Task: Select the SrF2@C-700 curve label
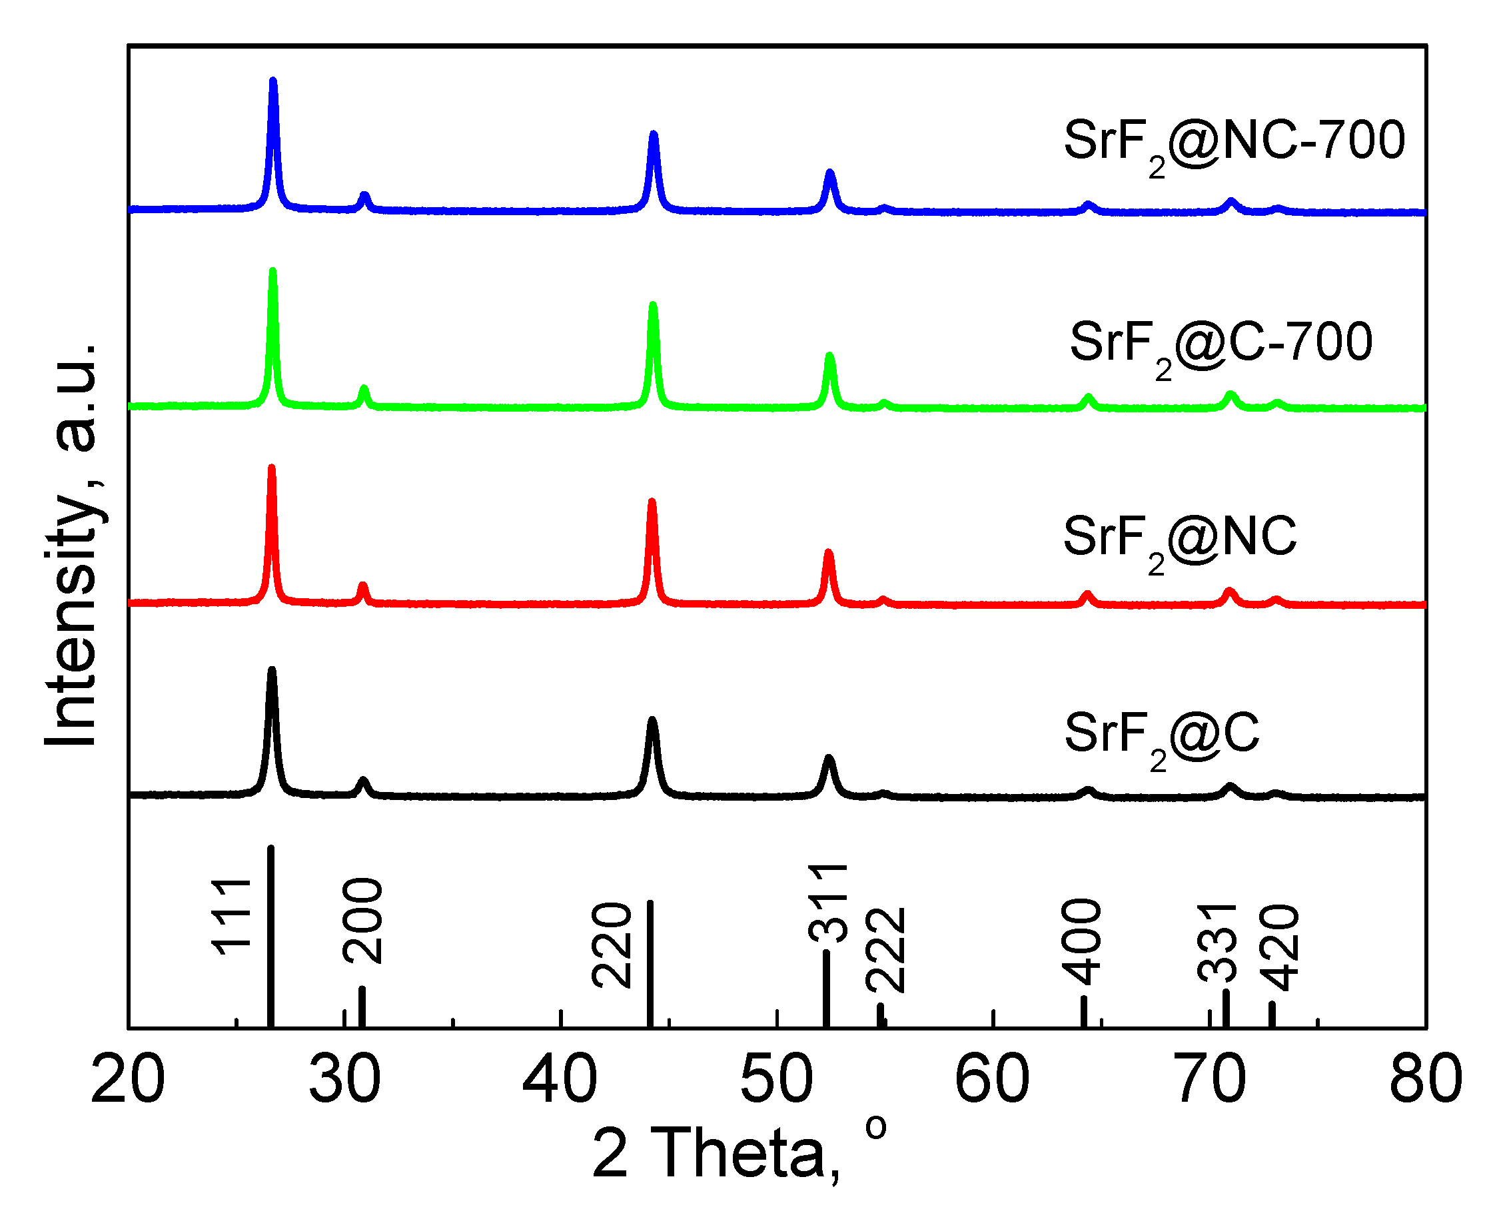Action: [1222, 346]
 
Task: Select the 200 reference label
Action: [363, 923]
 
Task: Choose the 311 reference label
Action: [829, 903]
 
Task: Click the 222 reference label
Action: [886, 951]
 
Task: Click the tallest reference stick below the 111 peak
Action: [271, 938]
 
